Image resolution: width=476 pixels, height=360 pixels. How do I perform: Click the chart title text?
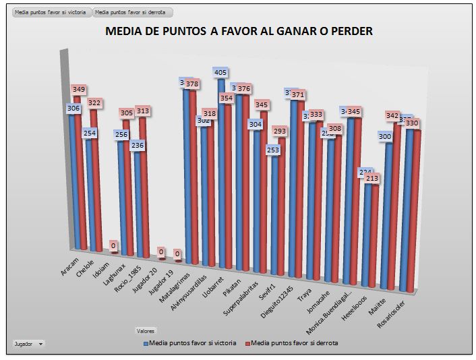tap(239, 31)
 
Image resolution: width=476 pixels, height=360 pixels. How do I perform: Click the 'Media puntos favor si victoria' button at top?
tap(51, 12)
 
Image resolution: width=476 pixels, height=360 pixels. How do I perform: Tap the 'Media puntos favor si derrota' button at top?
tap(133, 12)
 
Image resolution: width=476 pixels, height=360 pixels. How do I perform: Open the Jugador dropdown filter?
tap(28, 343)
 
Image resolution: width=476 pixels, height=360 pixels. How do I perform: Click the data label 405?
tap(220, 72)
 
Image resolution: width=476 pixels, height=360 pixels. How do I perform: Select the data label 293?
tap(280, 131)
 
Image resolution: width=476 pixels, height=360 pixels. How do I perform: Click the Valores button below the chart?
tap(146, 331)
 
